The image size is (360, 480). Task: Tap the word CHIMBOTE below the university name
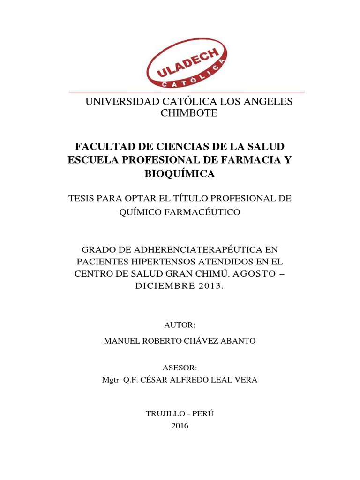(189, 113)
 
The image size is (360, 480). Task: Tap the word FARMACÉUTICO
(202, 212)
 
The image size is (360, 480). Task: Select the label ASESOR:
(180, 367)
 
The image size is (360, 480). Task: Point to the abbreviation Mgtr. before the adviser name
(112, 380)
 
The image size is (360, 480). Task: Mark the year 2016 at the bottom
(180, 426)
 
